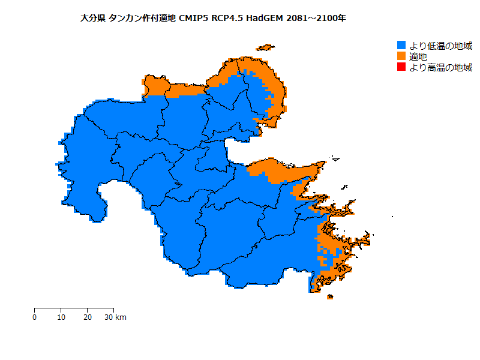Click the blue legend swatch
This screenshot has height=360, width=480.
(401, 46)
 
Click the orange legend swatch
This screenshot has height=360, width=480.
(401, 56)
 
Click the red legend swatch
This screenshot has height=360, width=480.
(401, 67)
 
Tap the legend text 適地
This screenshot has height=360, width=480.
(418, 56)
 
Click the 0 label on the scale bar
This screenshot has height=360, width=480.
(35, 317)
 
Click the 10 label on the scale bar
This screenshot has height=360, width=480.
(61, 317)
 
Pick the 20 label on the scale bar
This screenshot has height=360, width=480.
(87, 317)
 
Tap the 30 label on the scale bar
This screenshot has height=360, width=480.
(109, 317)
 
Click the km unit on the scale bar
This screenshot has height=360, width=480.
(121, 317)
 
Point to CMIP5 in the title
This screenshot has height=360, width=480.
(194, 18)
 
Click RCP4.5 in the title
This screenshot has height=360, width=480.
(229, 18)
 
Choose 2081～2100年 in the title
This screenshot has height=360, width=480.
(316, 18)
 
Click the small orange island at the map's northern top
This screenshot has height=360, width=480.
(265, 47)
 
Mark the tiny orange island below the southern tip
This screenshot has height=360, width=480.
(329, 296)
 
